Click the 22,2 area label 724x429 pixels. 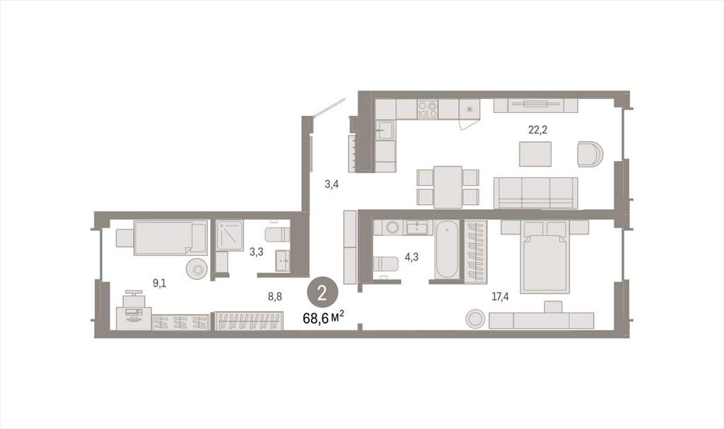(537, 130)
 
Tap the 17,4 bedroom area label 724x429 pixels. (500, 296)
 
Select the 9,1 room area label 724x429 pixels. (159, 283)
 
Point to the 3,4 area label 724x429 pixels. (332, 184)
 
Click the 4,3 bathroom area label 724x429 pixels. (411, 257)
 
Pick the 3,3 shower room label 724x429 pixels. (256, 252)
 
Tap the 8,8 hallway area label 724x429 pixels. (275, 296)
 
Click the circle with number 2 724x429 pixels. (322, 293)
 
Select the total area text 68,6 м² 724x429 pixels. (323, 318)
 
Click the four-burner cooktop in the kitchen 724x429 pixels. (427, 110)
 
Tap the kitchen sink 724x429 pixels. (385, 129)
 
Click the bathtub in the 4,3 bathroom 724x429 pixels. (447, 249)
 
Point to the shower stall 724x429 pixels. (230, 235)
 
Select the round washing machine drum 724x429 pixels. (393, 228)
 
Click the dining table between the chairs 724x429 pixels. (448, 187)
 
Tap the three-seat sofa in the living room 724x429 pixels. (536, 193)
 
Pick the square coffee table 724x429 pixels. (535, 154)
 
